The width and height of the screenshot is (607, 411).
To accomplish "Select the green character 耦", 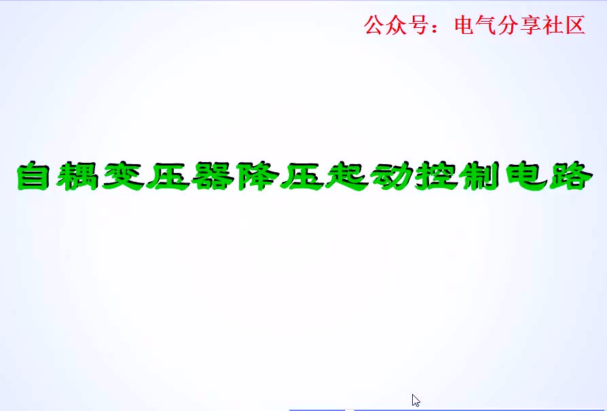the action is click(78, 176).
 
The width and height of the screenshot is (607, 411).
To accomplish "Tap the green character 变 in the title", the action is click(123, 176).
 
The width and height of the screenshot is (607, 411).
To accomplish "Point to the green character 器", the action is click(213, 176).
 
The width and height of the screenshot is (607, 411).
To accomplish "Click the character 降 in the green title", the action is click(257, 176).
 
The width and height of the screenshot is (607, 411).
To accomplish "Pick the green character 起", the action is click(347, 176).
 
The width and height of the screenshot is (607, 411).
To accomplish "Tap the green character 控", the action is click(437, 176).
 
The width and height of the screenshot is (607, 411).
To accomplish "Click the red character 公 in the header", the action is click(374, 25).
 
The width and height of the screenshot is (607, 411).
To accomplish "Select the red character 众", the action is click(397, 25).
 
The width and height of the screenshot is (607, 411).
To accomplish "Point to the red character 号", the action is click(418, 25).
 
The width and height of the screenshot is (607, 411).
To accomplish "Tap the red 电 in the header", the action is click(465, 25).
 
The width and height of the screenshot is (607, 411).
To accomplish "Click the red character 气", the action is click(487, 25).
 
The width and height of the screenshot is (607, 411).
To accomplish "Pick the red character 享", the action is click(531, 25).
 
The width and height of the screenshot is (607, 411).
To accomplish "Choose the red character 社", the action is click(553, 25).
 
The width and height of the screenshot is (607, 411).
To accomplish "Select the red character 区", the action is click(575, 25).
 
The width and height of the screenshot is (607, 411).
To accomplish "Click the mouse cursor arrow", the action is click(416, 401).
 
